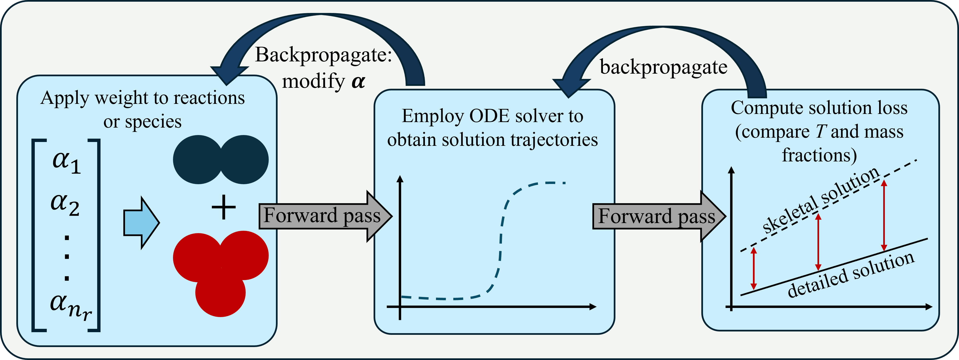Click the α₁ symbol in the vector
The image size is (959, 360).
point(66,162)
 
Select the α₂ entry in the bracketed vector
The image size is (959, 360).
point(65,205)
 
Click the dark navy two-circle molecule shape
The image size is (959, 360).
point(220,159)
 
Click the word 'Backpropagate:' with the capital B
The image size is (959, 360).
point(323,55)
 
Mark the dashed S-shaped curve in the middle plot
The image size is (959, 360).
point(501,242)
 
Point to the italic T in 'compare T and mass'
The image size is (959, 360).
point(821,131)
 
